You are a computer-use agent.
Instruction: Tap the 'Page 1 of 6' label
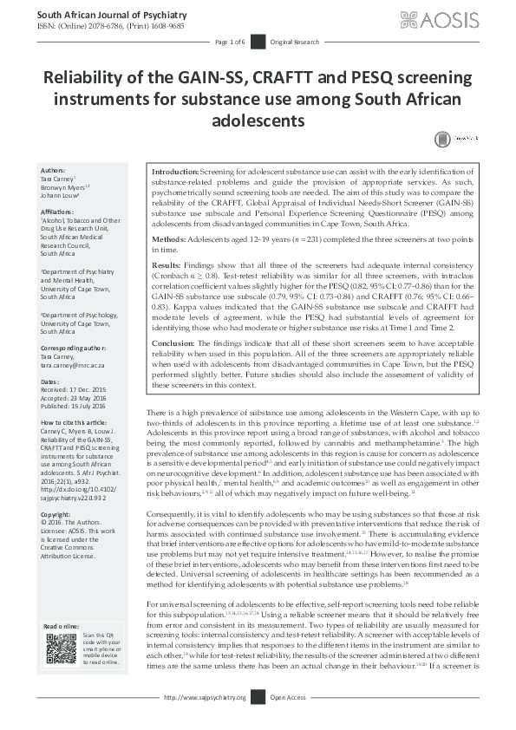tap(231, 42)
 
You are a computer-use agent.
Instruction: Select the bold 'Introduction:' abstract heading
tap(176, 174)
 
